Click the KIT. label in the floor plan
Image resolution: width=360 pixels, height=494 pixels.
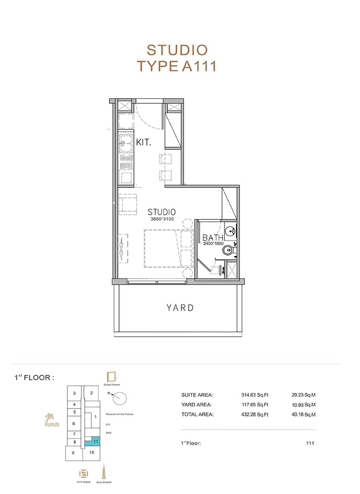144,142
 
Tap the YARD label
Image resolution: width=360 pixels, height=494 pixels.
180,308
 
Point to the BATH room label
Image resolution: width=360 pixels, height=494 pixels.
213,238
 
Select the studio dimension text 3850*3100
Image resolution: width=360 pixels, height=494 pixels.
162,219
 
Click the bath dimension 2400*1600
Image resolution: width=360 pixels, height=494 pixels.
213,243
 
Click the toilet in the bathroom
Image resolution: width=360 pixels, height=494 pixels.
229,251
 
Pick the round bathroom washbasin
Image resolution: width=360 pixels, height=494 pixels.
232,231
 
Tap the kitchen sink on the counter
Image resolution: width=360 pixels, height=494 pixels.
126,143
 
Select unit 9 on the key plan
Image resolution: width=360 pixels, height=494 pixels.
73,453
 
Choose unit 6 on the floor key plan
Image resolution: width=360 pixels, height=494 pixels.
74,424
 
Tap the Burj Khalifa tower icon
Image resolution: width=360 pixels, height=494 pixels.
103,472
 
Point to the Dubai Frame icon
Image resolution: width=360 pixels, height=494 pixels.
112,377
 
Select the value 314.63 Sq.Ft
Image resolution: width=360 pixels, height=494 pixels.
255,395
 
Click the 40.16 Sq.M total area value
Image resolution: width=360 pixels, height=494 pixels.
303,415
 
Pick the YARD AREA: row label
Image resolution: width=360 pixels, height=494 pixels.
197,405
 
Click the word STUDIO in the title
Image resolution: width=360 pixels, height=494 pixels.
178,50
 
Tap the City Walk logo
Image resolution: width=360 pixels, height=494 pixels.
84,474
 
